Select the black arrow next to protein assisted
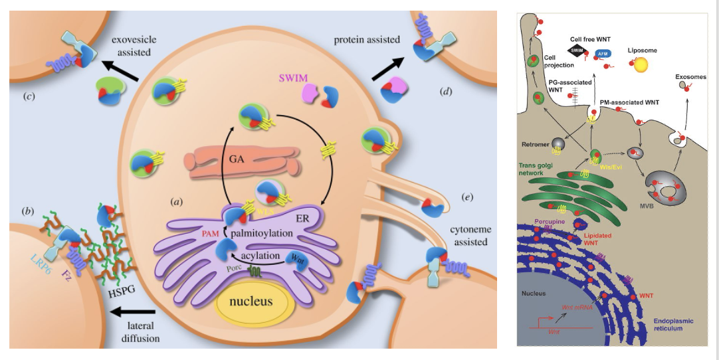pyautogui.click(x=387, y=67)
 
